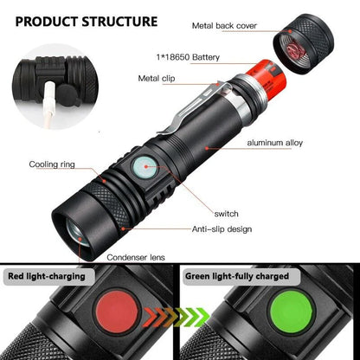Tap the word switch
tap(228, 213)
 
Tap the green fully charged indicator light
tap(268, 319)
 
